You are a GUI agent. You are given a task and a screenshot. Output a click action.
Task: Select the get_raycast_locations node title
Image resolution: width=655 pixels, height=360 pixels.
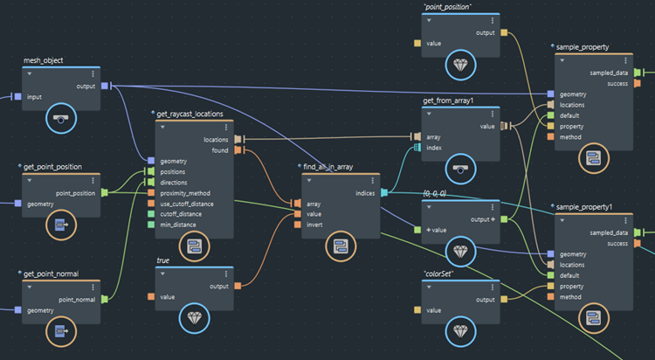pos(190,114)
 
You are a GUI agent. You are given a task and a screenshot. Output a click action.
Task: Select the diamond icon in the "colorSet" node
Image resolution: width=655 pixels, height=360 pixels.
pos(460,329)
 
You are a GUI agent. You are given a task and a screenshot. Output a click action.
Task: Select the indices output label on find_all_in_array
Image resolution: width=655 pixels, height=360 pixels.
pos(365,193)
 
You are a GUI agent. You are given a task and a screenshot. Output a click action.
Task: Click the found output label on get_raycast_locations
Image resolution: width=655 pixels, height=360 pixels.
pos(219,150)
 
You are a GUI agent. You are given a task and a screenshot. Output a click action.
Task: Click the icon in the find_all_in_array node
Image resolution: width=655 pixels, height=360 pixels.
pos(341,246)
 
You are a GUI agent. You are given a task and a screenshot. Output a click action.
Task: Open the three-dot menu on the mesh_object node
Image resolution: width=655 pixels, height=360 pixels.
pos(93,74)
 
